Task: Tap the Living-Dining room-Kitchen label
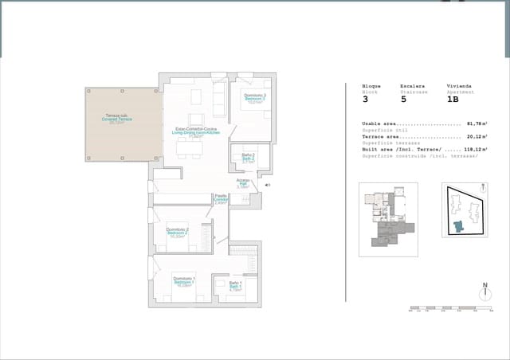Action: coord(195,131)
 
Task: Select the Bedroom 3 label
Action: coord(255,98)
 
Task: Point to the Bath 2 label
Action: coord(248,158)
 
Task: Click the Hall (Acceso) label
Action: coord(243,183)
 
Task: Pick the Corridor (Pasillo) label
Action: coord(221,199)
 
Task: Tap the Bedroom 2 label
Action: coord(177,233)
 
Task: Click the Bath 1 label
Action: coord(236,286)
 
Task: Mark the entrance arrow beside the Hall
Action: coord(267,185)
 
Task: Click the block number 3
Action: coord(365,100)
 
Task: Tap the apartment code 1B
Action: coord(453,100)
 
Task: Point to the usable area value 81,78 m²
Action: coord(477,124)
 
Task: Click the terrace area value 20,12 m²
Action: coord(477,136)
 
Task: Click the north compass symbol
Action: coord(484,292)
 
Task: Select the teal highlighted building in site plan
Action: coord(458,225)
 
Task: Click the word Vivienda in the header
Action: coord(457,85)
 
